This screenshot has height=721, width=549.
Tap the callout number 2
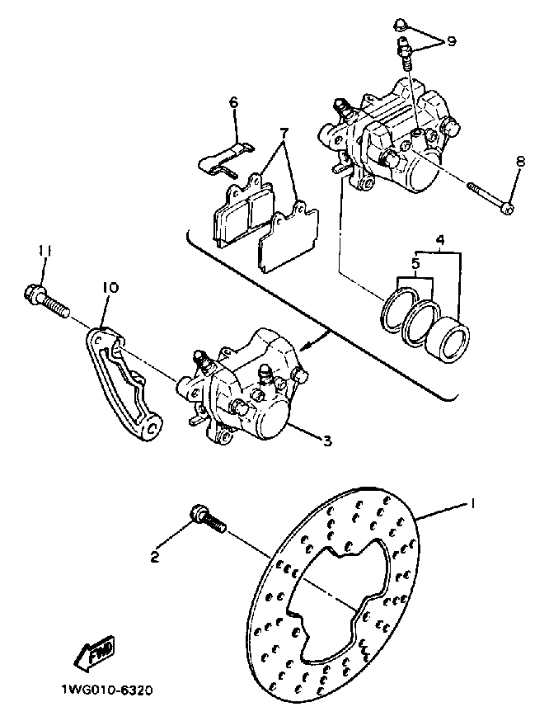(x=154, y=558)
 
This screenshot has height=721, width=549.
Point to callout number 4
(x=439, y=242)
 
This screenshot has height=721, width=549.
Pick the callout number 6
(x=233, y=103)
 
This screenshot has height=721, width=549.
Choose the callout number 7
(x=284, y=132)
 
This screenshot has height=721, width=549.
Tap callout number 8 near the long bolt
(x=518, y=163)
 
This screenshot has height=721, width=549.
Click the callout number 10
(x=110, y=288)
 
